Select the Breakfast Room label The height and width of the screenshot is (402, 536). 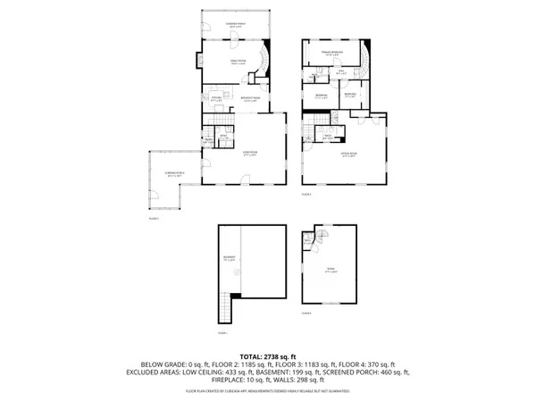coord(251,99)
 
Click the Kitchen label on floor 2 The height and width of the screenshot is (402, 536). coord(215,99)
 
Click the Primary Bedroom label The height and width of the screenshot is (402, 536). coord(331,54)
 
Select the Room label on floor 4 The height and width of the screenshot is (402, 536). coord(332,271)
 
